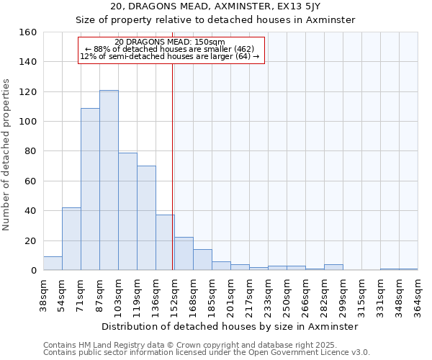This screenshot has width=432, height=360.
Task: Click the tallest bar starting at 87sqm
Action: click(109, 180)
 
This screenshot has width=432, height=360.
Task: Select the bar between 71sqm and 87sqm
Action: click(90, 189)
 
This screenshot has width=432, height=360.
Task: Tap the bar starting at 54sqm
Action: click(71, 238)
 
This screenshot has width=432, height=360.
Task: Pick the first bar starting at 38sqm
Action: click(53, 264)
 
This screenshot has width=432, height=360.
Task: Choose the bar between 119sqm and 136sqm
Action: click(146, 218)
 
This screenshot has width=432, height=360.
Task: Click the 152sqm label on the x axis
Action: click(175, 295)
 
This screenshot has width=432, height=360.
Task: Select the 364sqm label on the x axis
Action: click(418, 295)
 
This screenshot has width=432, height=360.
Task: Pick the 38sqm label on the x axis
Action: click(44, 295)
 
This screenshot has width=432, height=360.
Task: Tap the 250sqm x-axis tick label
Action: click(287, 295)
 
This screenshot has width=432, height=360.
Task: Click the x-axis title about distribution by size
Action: click(230, 326)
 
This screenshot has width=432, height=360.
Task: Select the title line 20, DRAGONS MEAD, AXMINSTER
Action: click(215, 6)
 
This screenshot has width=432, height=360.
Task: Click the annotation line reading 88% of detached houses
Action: click(170, 49)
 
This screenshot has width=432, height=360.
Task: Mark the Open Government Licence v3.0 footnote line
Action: click(207, 353)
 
